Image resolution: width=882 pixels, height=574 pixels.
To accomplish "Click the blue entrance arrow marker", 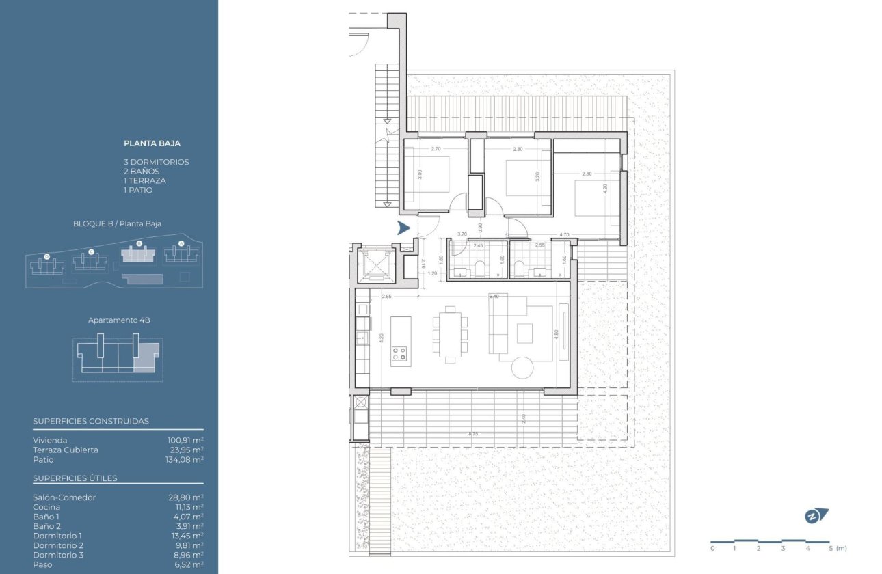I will [403, 228].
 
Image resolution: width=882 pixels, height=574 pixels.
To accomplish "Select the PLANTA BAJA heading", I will [152, 143].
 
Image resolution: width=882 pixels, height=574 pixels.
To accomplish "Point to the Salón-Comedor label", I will [64, 497].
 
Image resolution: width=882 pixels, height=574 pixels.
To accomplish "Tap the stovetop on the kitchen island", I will [399, 353].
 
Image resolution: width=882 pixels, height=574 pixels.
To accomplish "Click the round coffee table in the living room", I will [523, 368].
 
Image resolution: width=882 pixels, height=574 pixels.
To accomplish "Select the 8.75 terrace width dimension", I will [473, 434].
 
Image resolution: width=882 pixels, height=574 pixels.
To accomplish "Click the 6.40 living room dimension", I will [494, 297].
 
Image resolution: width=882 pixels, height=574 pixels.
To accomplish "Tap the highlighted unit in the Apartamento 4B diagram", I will [145, 358].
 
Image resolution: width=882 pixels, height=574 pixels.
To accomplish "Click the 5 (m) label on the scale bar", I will [836, 548].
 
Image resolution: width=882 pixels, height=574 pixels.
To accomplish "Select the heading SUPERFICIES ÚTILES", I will [75, 478].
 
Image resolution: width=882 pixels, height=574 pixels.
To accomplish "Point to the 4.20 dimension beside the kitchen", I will [381, 337].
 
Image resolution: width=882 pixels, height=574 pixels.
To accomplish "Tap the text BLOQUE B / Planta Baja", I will [117, 223].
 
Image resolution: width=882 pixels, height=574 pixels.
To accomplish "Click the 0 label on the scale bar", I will [712, 548].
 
